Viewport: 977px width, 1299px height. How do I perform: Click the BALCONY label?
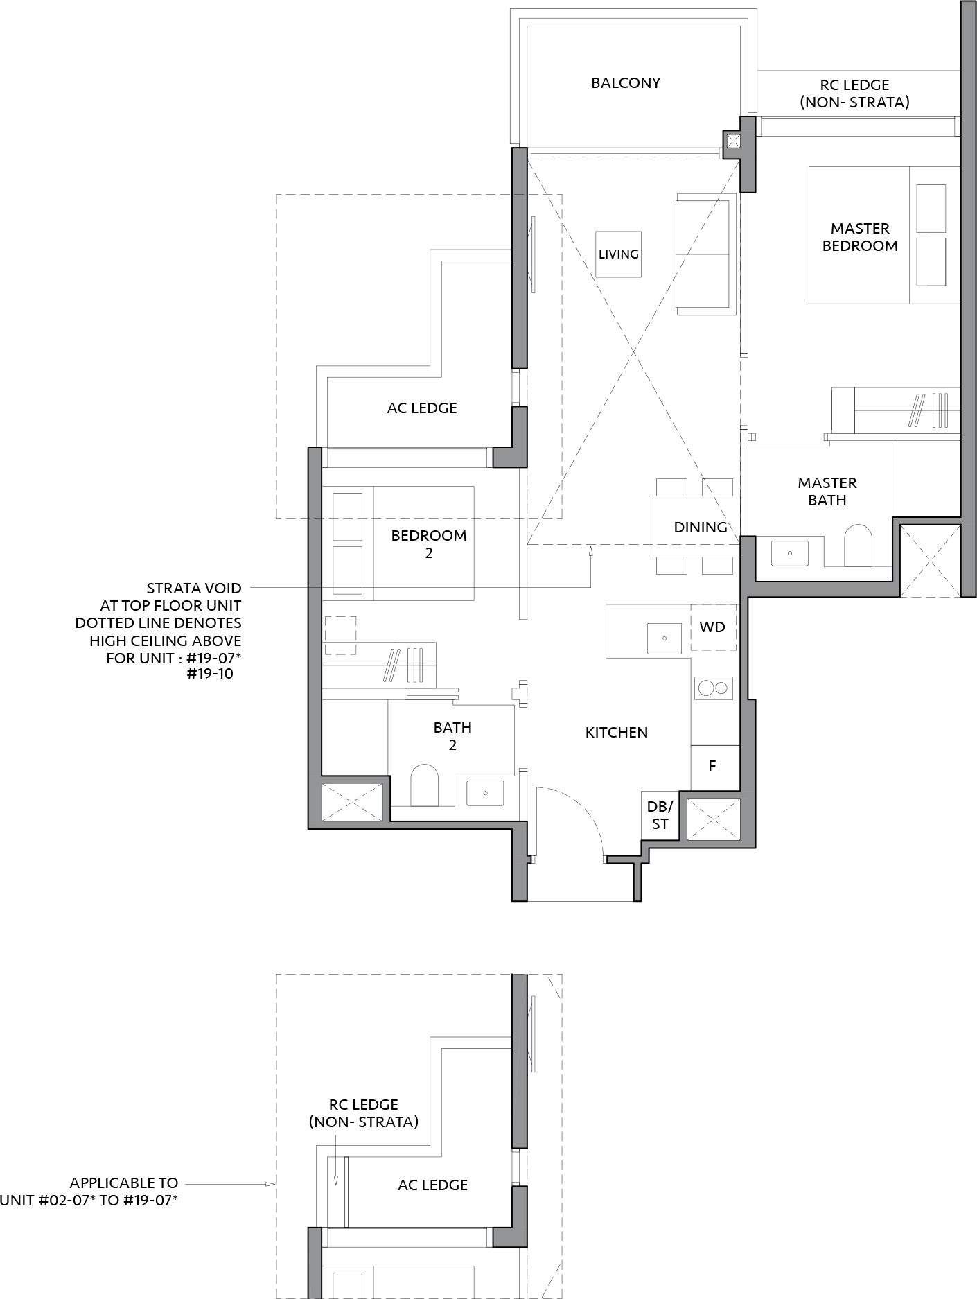(626, 83)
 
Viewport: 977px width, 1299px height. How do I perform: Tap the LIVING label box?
(619, 254)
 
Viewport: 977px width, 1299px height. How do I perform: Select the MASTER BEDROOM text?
(860, 237)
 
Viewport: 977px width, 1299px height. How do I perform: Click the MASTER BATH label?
(827, 491)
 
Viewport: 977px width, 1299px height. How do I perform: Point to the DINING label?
(701, 528)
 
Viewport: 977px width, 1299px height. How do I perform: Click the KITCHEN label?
(617, 733)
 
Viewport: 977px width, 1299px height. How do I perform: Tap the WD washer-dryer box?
(713, 627)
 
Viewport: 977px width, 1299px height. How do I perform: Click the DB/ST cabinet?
(660, 816)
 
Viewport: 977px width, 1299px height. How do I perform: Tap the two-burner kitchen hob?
(714, 688)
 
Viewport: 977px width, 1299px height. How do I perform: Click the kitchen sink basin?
(664, 638)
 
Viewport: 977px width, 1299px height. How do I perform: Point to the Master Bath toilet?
(858, 546)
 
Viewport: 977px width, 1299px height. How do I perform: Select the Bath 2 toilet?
(425, 785)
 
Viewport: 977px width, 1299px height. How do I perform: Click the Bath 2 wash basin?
(485, 792)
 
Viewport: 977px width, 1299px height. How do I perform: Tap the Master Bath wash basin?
(789, 553)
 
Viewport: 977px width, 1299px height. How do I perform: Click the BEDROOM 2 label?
(429, 544)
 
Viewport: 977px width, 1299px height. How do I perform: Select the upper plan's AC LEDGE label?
(422, 408)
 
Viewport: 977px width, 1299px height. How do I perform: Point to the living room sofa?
(705, 254)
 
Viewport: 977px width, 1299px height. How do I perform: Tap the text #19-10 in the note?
(210, 674)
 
